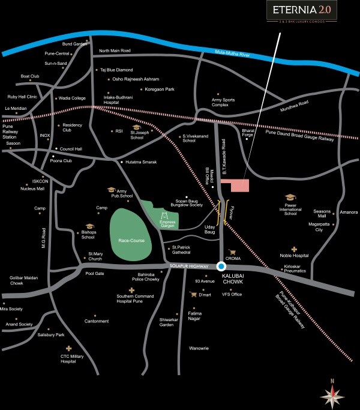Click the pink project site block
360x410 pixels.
[235, 185]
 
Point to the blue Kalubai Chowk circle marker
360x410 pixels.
[221, 267]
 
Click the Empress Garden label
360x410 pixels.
[167, 223]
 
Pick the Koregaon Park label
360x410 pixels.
[158, 89]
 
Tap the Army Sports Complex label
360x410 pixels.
[224, 103]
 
